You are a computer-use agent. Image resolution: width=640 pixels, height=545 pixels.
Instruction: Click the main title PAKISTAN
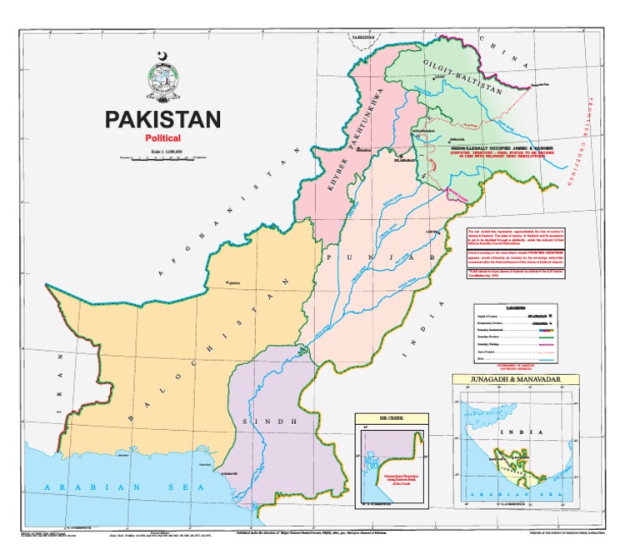[162, 119]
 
